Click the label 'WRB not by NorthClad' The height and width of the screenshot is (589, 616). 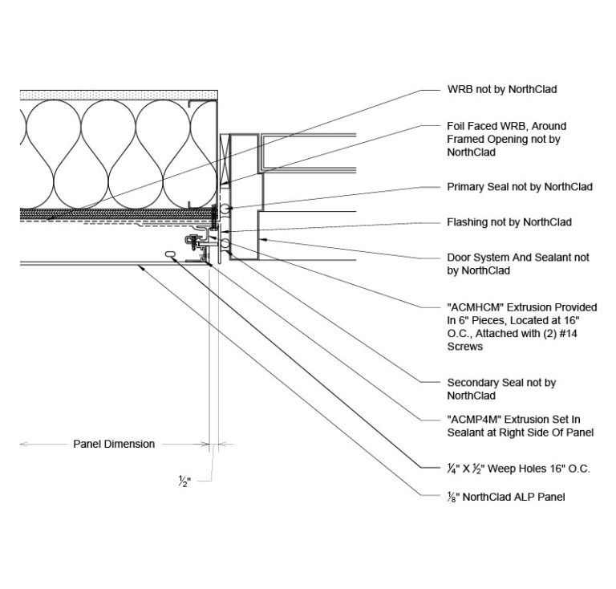pos(501,89)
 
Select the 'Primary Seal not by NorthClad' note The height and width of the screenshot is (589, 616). pos(520,187)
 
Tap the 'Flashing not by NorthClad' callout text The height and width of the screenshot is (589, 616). pos(509,222)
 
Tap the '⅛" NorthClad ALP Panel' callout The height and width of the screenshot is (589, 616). pos(506,497)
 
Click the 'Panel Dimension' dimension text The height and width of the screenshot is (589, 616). pos(114,444)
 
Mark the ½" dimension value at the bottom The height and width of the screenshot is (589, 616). pos(184,481)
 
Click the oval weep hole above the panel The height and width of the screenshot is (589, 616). pos(171,254)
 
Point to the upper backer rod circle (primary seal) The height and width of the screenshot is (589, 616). pos(225,209)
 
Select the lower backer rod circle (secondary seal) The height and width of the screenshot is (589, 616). pos(225,244)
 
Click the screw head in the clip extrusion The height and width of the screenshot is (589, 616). pos(192,239)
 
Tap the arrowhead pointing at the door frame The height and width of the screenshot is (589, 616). pos(263,238)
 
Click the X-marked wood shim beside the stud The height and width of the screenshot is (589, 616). pos(225,159)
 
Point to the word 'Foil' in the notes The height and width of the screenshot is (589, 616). pos(456,126)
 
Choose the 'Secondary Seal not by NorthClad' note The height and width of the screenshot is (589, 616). pos(501,389)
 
